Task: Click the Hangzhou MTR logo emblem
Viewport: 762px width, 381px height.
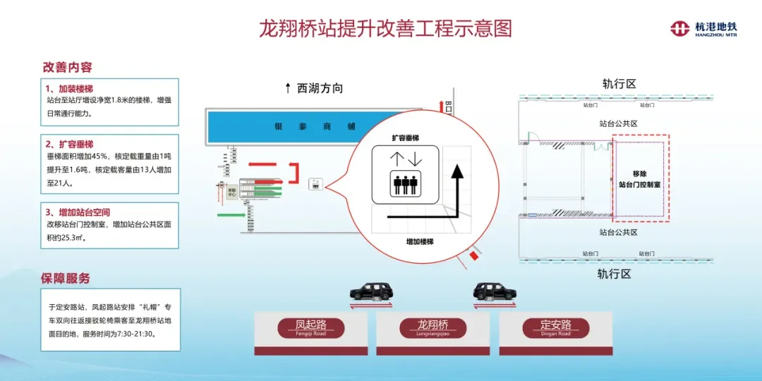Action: pos(679,28)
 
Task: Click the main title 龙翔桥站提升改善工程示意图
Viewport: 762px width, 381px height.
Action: pos(385,28)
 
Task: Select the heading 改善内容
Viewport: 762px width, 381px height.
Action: pos(68,68)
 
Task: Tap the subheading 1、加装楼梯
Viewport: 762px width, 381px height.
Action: pos(69,89)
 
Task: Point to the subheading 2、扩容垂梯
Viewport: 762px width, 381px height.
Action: pos(69,144)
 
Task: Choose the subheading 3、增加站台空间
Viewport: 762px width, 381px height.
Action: pos(78,212)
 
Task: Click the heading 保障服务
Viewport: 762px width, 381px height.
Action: pos(66,279)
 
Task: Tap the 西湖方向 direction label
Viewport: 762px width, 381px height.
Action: pos(314,88)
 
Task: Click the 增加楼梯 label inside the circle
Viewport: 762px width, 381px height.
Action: pos(419,241)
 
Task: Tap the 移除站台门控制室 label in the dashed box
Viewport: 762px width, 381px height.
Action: pos(639,179)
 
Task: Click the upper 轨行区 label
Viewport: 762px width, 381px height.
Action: pos(619,84)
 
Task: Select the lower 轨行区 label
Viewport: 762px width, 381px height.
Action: pos(613,274)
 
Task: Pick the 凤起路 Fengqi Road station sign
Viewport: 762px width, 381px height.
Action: pos(310,328)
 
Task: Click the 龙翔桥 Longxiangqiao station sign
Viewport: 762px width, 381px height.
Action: pos(433,328)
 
